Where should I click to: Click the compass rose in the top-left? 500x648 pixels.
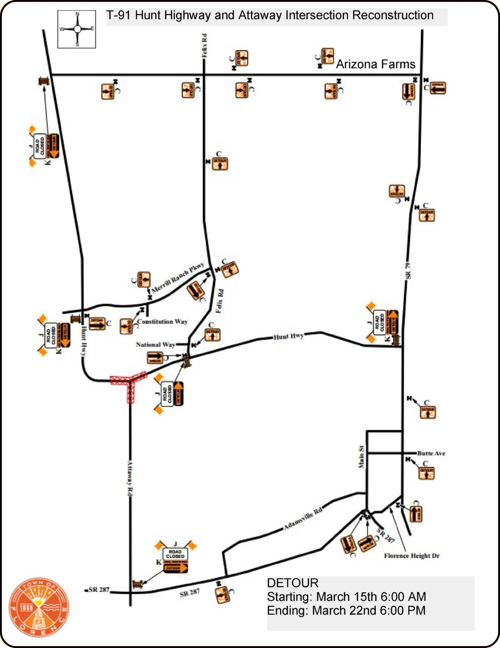[x=77, y=29]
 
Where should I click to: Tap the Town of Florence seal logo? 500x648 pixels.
[x=39, y=607]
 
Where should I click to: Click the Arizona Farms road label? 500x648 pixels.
[x=375, y=64]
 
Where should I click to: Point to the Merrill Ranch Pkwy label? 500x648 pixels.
[x=178, y=277]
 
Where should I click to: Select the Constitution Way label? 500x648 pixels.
[x=162, y=321]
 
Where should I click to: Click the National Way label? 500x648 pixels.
[x=155, y=345]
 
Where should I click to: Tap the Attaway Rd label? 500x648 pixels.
[x=130, y=478]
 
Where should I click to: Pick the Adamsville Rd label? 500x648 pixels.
[x=303, y=519]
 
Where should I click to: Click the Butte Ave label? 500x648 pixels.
[x=431, y=453]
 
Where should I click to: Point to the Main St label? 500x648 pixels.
[x=361, y=457]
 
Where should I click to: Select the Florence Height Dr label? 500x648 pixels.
[x=411, y=556]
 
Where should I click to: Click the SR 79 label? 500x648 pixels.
[x=408, y=271]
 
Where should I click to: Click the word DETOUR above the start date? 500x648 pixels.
[x=293, y=583]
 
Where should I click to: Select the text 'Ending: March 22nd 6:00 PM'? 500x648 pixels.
[x=346, y=611]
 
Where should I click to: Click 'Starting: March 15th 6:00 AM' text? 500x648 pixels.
[x=346, y=597]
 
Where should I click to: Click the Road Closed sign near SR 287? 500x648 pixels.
[x=175, y=554]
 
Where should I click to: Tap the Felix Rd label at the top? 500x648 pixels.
[x=204, y=45]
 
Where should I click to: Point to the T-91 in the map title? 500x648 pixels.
[x=119, y=16]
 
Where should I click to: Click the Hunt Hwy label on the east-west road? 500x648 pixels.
[x=289, y=337]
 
